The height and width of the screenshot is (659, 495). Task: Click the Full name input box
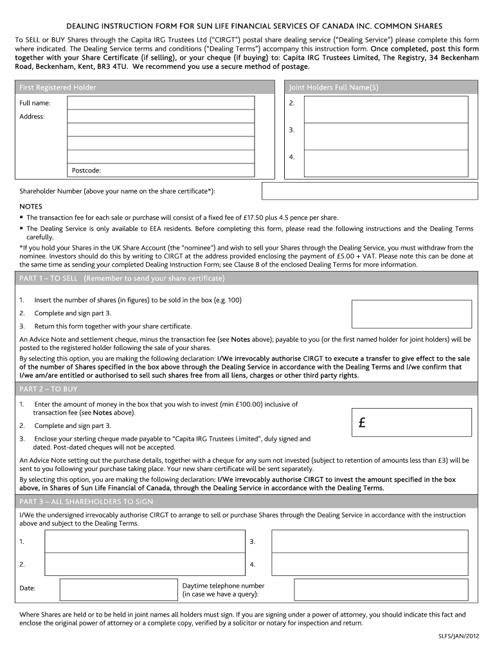click(x=174, y=103)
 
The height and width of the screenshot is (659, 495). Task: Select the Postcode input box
click(x=174, y=171)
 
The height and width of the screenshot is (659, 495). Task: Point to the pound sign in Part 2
click(x=363, y=423)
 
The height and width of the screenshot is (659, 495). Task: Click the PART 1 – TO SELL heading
click(x=122, y=278)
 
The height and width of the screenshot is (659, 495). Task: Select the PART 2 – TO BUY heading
click(x=49, y=389)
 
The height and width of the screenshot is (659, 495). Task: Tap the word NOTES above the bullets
click(x=31, y=207)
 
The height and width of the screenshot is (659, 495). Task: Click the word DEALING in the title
click(x=86, y=26)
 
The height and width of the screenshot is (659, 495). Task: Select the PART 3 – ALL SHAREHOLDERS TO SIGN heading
click(x=86, y=501)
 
